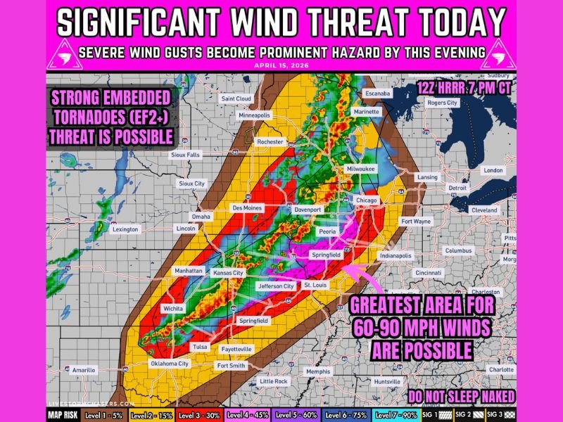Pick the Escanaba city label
(377, 94)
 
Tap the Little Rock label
(273, 381)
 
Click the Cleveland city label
(484, 210)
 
